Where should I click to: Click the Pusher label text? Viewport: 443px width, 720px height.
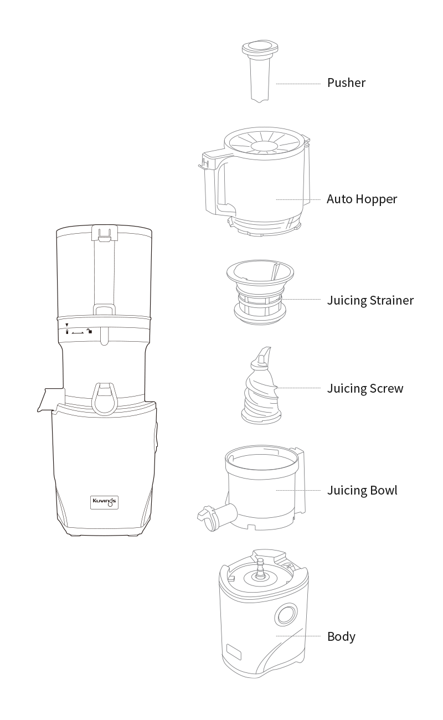point(346,83)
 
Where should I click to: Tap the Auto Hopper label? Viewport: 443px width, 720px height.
point(362,199)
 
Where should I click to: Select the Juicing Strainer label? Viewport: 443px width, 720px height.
point(370,300)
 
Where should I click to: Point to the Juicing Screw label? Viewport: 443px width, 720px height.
point(365,388)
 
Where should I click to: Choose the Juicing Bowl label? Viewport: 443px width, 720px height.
point(362,490)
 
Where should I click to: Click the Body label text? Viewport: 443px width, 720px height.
point(341,636)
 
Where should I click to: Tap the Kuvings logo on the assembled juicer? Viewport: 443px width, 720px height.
point(104,502)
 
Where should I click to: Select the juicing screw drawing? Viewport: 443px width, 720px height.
point(261,385)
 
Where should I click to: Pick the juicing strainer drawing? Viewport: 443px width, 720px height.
point(260,292)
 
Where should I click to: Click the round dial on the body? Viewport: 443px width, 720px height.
point(285,614)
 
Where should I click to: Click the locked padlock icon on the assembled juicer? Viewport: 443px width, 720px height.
point(67,331)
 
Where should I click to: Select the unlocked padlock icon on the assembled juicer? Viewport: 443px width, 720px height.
point(90,331)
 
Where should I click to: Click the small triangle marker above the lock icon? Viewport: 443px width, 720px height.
point(67,325)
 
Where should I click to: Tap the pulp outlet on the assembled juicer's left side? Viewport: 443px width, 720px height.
point(51,400)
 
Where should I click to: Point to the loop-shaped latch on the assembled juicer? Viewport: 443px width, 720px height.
point(105,398)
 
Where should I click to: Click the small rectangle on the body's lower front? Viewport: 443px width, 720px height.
point(234,652)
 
